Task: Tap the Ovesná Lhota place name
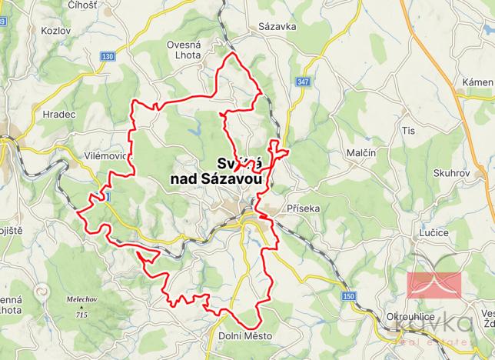tap(184, 49)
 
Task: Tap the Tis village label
tap(408, 131)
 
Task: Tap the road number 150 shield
tap(350, 295)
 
